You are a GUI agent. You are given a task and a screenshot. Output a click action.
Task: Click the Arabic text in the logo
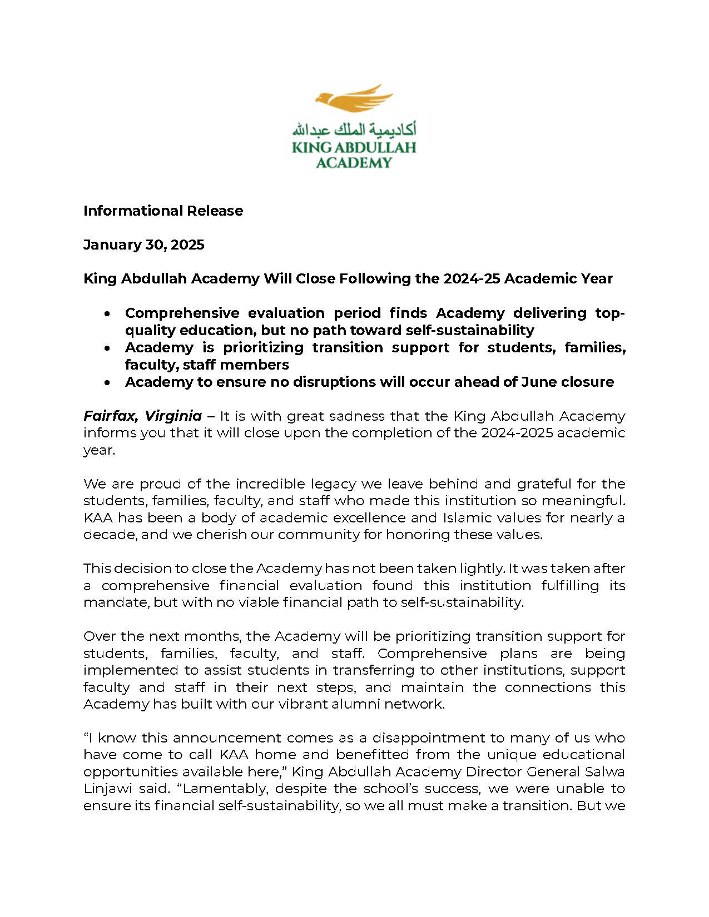point(354,129)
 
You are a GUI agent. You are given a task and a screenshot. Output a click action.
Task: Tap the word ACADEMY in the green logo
point(354,162)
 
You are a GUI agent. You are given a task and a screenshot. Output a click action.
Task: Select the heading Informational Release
point(163,211)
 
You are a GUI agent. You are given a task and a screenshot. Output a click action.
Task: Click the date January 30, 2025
point(144,245)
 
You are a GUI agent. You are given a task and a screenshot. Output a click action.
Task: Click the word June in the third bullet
point(538,382)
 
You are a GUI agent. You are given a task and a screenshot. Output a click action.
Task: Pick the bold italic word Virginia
point(173,416)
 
